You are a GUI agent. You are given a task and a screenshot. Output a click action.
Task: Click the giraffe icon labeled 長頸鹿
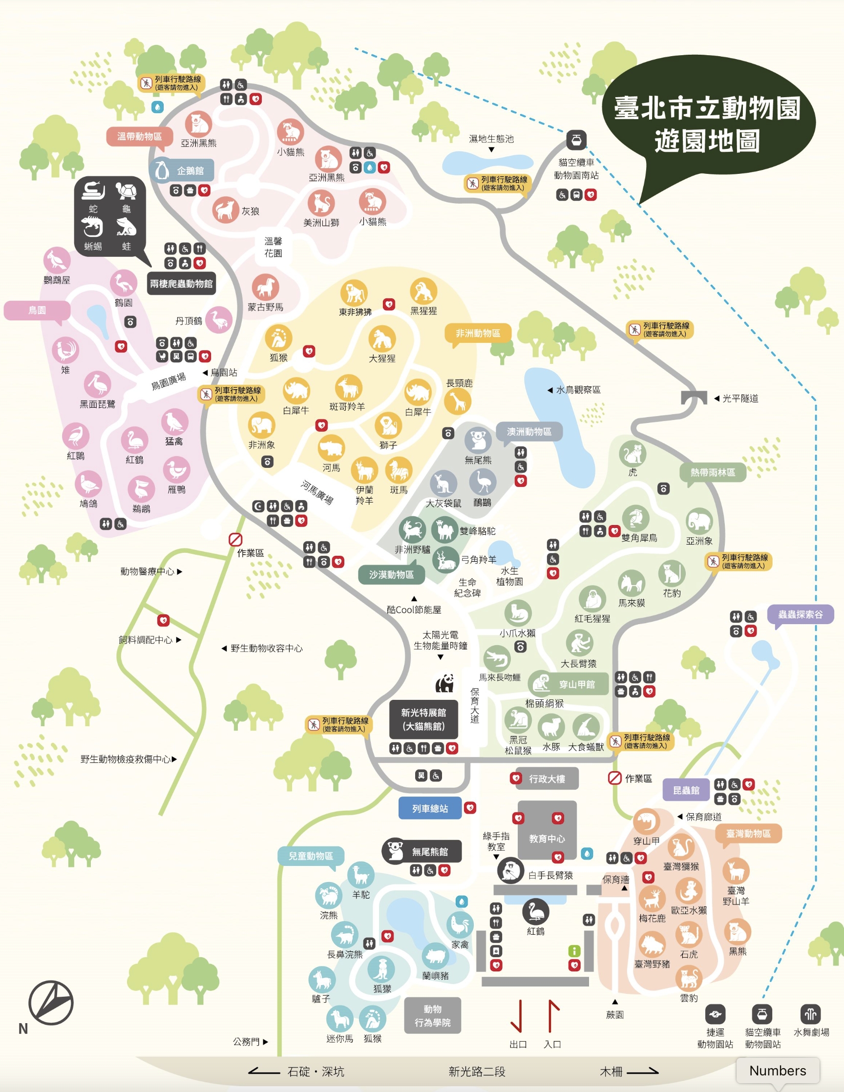click(458, 401)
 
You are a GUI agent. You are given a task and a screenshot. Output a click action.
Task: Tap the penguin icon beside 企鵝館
click(161, 170)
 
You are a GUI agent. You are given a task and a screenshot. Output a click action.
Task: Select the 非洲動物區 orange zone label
click(478, 333)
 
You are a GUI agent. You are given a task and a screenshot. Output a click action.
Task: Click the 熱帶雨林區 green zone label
click(712, 472)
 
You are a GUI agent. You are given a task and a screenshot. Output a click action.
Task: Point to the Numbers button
click(778, 1070)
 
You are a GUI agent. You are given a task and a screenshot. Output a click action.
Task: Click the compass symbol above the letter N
click(50, 1002)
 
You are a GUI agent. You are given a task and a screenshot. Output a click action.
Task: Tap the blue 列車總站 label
click(429, 808)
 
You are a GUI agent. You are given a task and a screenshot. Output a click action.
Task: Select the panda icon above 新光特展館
click(444, 683)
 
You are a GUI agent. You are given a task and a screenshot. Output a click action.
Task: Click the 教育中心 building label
click(547, 838)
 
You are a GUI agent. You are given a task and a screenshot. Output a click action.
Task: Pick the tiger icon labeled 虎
click(632, 454)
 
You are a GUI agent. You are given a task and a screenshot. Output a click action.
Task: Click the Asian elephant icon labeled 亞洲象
click(699, 522)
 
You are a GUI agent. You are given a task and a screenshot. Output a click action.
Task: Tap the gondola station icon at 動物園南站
click(576, 140)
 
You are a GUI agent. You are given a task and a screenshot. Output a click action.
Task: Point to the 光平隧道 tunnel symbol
click(694, 398)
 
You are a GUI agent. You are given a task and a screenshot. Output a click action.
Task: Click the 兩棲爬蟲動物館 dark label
click(181, 283)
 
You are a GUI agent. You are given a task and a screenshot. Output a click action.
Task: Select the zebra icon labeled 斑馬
click(399, 470)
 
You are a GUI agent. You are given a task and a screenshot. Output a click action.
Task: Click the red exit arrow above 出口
click(518, 1015)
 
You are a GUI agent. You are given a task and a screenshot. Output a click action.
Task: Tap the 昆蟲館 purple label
click(686, 790)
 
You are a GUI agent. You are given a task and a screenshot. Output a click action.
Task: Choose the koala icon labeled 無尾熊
click(478, 440)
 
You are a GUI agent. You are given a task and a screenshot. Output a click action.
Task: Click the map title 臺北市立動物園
click(707, 108)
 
